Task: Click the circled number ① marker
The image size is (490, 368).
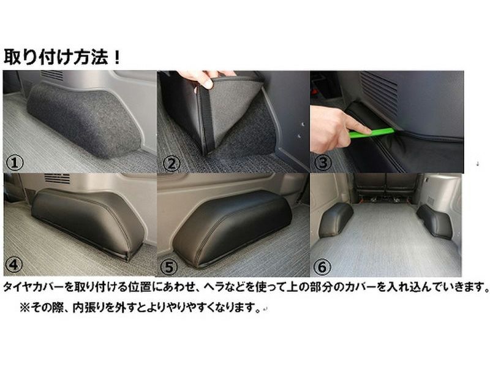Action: [14, 163]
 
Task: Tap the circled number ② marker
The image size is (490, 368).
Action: [171, 163]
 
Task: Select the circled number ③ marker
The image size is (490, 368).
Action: [323, 163]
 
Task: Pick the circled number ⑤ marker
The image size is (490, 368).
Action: [169, 267]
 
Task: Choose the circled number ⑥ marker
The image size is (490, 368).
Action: [322, 267]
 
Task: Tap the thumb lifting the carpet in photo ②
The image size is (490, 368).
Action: [206, 82]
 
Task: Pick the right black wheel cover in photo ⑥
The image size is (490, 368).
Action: [435, 221]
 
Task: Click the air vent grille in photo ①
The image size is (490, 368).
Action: [52, 75]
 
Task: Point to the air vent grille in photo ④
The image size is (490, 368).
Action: [57, 178]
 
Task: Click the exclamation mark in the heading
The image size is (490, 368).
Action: [117, 57]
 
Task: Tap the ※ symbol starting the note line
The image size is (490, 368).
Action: [24, 308]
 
